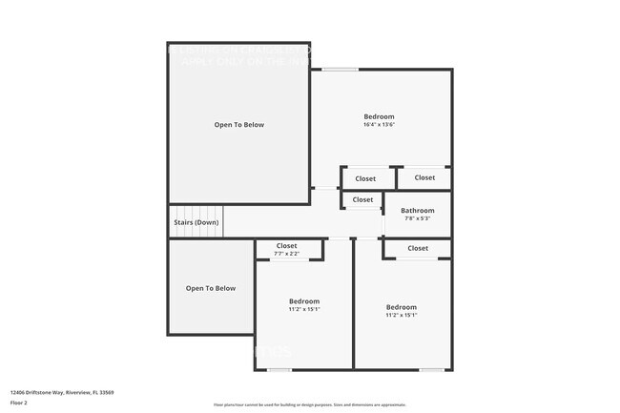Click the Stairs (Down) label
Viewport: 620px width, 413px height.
[196, 222]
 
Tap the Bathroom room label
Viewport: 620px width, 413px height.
[417, 211]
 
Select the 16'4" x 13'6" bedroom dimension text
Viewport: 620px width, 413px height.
[379, 125]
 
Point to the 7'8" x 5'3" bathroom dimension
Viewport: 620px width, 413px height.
[417, 219]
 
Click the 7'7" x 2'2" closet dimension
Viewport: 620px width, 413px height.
[286, 254]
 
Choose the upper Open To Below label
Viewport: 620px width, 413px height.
[238, 125]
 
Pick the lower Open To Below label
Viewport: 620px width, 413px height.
[210, 288]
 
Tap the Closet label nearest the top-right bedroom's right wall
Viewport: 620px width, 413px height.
[424, 177]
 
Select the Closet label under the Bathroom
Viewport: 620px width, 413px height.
[418, 248]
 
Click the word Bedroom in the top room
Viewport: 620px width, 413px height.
[379, 116]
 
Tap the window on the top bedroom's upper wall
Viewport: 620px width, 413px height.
[340, 69]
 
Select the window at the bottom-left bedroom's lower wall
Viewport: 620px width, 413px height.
[279, 369]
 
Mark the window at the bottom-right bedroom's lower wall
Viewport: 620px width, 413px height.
[432, 369]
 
